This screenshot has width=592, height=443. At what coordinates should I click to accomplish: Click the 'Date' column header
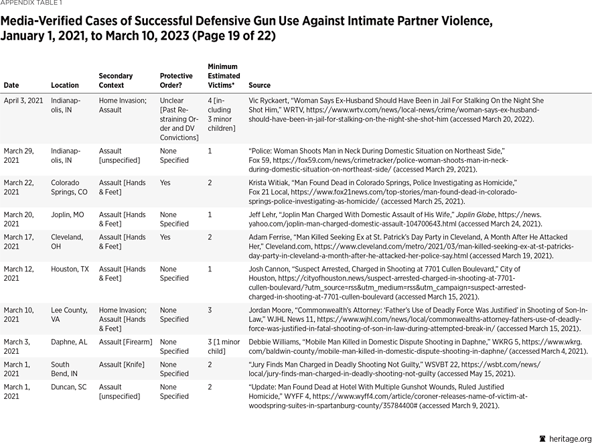[x=11, y=86]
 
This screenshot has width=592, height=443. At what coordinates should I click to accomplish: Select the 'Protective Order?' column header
[x=176, y=81]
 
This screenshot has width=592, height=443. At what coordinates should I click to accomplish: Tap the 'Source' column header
[x=259, y=86]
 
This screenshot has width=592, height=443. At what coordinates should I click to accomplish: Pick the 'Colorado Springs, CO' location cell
[x=69, y=187]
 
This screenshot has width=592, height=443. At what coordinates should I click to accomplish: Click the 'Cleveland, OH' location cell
[x=67, y=242]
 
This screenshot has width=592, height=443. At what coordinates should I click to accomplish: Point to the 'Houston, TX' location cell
[x=70, y=269]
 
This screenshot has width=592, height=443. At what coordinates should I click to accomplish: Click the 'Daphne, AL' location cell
[x=68, y=342]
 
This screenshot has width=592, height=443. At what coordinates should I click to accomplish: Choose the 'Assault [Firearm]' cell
[x=126, y=342]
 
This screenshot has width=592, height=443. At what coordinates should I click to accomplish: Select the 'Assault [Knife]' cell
[x=122, y=365]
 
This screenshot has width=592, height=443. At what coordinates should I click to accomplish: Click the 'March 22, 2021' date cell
[x=19, y=187]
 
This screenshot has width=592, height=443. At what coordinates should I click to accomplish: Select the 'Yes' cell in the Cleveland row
[x=165, y=237]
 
